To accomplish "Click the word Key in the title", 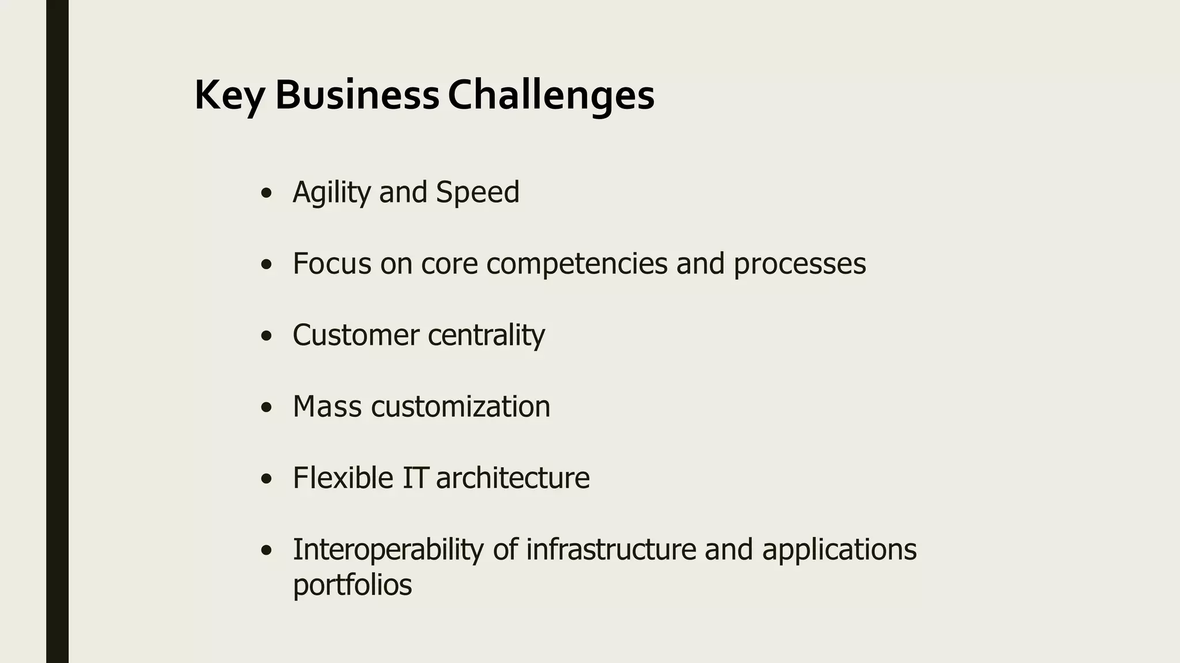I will pyautogui.click(x=229, y=96).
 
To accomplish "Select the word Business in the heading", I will pyautogui.click(x=357, y=94).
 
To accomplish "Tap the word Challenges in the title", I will pyautogui.click(x=551, y=96).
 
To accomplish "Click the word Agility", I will pyautogui.click(x=331, y=192).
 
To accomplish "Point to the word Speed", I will pyautogui.click(x=478, y=192).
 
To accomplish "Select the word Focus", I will pyautogui.click(x=332, y=264).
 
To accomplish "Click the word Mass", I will pyautogui.click(x=327, y=406).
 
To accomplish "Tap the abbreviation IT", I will pyautogui.click(x=415, y=478).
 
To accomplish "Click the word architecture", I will pyautogui.click(x=513, y=478).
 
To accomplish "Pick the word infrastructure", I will pyautogui.click(x=611, y=549).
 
